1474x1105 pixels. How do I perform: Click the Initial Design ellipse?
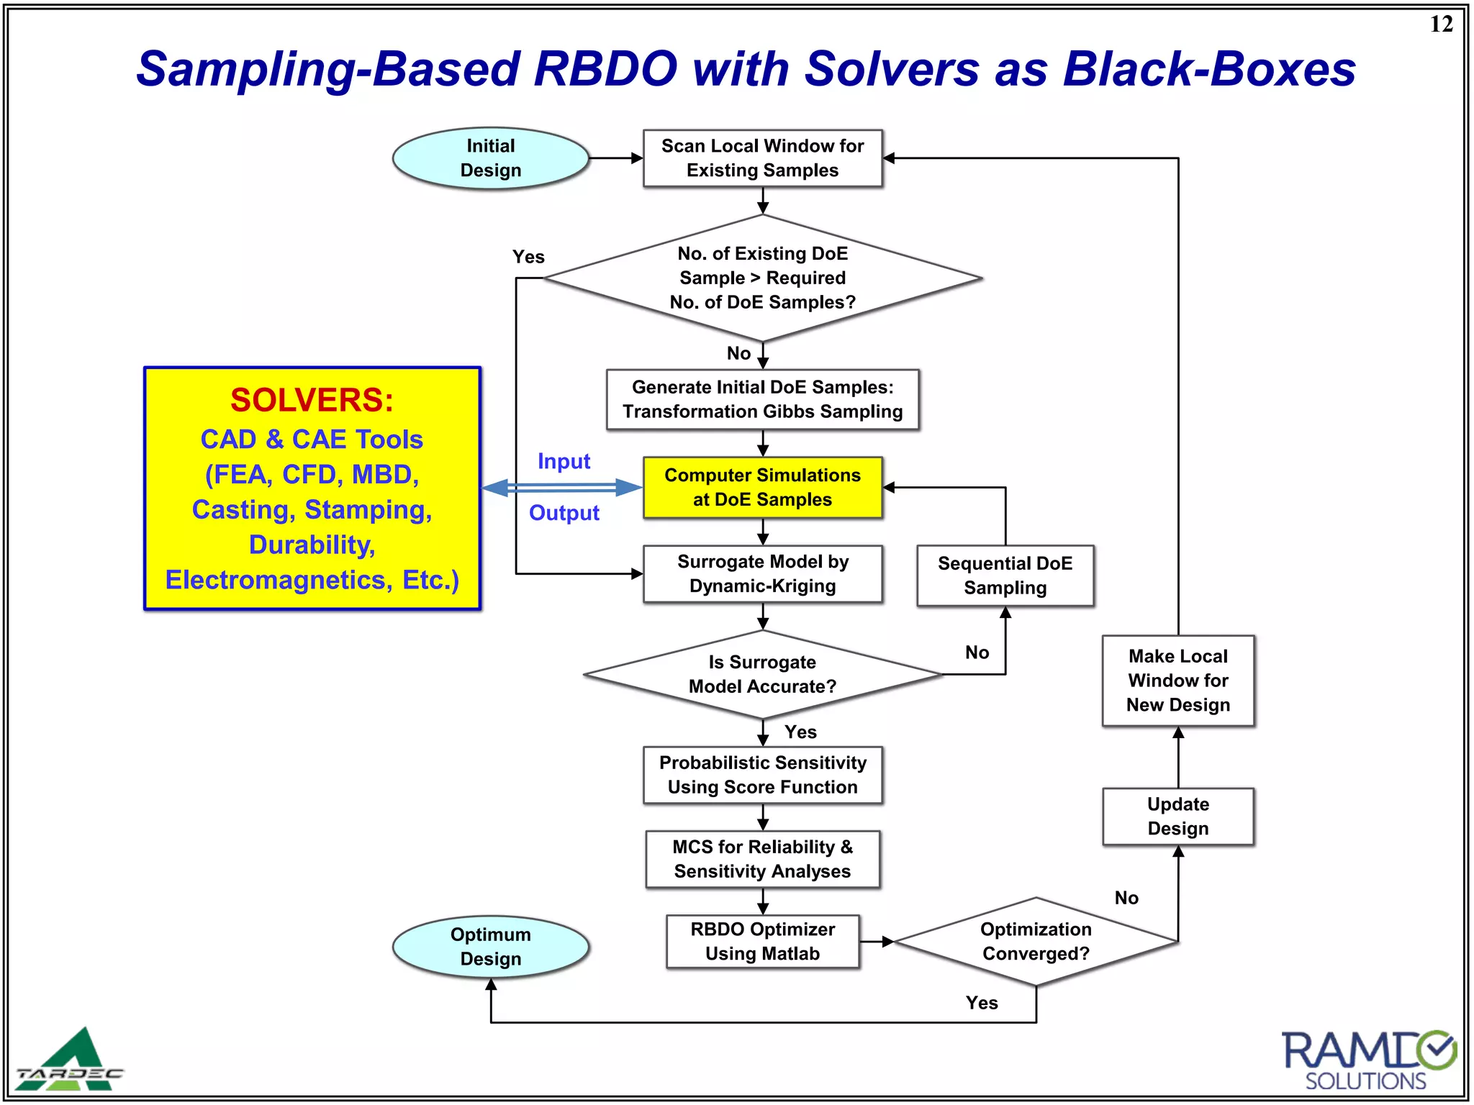(490, 158)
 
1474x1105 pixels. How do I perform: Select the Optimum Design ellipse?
(490, 947)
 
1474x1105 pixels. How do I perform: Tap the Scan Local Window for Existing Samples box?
(762, 158)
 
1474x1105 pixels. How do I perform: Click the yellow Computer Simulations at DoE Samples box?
(762, 488)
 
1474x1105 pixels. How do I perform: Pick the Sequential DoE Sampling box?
(1005, 576)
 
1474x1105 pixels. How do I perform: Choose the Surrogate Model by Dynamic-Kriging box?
(762, 574)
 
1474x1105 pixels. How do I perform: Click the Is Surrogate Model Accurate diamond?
(762, 674)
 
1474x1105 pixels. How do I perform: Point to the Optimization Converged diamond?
(1036, 941)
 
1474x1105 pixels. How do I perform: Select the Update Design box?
(1177, 817)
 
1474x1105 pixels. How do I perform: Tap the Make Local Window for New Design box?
(1177, 681)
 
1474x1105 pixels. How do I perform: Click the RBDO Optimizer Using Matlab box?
(762, 942)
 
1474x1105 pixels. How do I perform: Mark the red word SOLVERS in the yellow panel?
(312, 400)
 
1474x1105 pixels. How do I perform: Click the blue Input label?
(564, 461)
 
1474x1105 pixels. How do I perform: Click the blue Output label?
(564, 513)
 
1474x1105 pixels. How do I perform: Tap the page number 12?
(1441, 24)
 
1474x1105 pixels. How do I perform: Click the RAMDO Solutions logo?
(1367, 1060)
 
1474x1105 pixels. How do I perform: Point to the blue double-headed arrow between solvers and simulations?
(562, 488)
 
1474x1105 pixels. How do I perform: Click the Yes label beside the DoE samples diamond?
(528, 257)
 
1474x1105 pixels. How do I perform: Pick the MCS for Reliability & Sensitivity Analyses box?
(762, 859)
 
